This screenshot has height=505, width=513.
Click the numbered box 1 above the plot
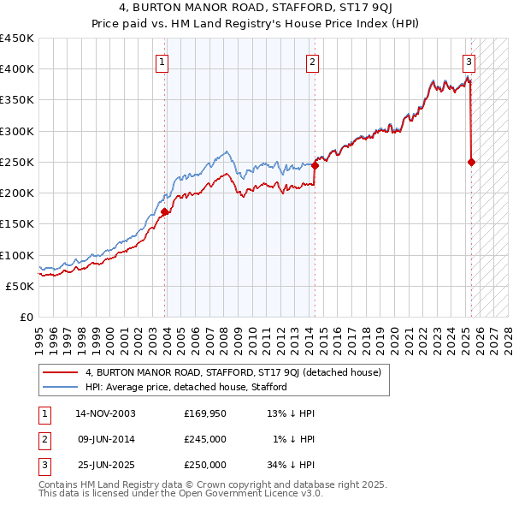click(162, 61)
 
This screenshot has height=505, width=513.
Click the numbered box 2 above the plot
click(313, 61)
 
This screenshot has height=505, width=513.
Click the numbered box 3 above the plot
click(469, 61)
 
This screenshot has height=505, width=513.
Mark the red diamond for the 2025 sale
click(471, 162)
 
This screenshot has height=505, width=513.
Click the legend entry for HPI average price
click(185, 387)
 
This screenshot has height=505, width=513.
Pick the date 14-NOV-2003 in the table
click(105, 413)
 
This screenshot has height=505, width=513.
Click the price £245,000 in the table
click(205, 439)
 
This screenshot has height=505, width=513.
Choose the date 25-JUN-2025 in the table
click(105, 465)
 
